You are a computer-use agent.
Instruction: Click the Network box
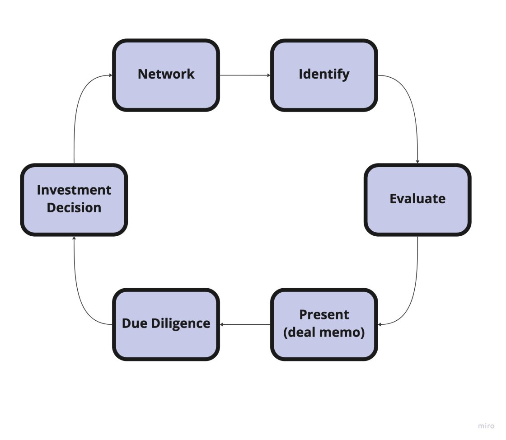coord(166,75)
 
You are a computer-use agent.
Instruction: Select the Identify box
coord(324,75)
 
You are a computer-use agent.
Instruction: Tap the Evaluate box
coord(417,200)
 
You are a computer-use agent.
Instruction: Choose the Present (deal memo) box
coord(324,324)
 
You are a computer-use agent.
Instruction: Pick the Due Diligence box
coord(166,324)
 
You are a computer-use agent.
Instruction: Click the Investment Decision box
coord(74,200)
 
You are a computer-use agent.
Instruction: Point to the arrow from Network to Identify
coord(245,75)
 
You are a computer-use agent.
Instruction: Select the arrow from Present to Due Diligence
coord(245,324)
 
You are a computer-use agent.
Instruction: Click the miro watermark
coord(486,426)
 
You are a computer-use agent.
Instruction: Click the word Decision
coord(74,208)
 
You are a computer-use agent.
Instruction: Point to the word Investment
coord(74,190)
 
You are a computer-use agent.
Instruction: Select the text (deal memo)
coord(324,333)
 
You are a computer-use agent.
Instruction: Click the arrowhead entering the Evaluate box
coord(417,162)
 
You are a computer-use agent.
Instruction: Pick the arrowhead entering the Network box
coord(110,75)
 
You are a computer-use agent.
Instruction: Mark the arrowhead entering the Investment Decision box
coord(74,238)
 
